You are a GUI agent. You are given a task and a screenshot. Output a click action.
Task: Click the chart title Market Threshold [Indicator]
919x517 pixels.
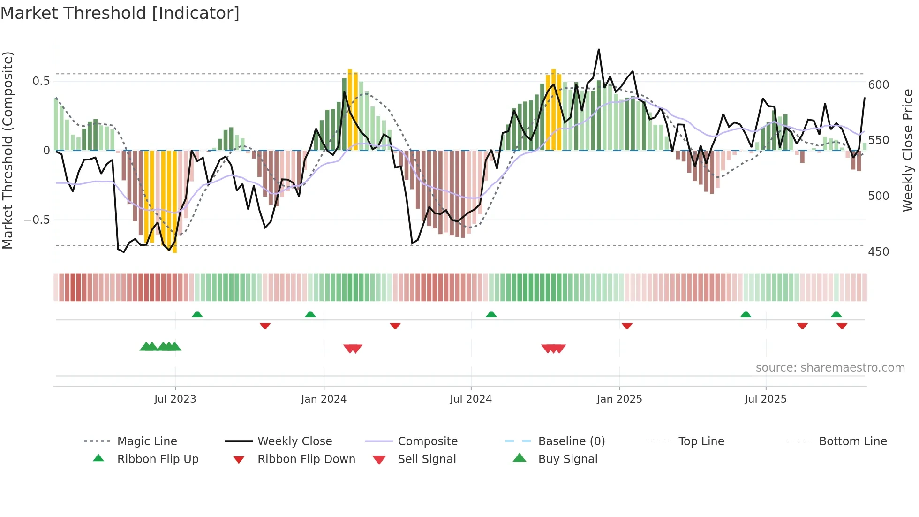click(120, 13)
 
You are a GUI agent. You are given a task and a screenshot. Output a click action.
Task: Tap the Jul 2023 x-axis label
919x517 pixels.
click(175, 399)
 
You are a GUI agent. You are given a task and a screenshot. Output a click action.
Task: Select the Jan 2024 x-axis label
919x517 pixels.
click(324, 399)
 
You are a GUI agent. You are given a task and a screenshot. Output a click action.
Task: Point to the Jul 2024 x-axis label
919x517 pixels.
click(471, 399)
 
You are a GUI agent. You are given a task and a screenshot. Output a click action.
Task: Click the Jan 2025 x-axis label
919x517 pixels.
click(619, 399)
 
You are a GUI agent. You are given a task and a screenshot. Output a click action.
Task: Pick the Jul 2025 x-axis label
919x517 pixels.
click(766, 399)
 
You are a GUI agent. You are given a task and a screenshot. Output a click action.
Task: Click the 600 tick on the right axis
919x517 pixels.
click(878, 85)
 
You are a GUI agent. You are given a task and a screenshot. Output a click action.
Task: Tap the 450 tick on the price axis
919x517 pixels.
click(878, 252)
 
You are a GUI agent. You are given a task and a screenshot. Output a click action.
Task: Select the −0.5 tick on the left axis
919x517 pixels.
click(37, 220)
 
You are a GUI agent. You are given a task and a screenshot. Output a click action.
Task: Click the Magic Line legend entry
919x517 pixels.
click(147, 441)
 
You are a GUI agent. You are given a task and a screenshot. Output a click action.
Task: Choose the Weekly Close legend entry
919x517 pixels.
click(294, 441)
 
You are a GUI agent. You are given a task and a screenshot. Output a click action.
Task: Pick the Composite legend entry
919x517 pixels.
click(428, 441)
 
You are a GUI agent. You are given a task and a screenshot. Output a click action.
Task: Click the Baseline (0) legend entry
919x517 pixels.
click(571, 441)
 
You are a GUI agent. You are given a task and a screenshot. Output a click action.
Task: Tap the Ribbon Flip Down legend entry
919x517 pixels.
click(306, 459)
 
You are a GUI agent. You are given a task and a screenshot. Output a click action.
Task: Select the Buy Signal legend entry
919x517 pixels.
click(567, 459)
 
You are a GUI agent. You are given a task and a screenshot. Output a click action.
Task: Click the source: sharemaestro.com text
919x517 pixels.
click(830, 368)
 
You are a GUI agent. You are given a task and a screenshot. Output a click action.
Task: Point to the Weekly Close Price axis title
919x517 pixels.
click(908, 150)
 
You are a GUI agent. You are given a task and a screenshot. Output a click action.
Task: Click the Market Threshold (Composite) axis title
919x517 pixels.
click(8, 150)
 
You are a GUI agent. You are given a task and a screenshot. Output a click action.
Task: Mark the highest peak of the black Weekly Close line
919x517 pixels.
click(599, 49)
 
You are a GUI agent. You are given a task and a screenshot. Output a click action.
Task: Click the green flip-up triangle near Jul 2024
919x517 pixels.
click(491, 314)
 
